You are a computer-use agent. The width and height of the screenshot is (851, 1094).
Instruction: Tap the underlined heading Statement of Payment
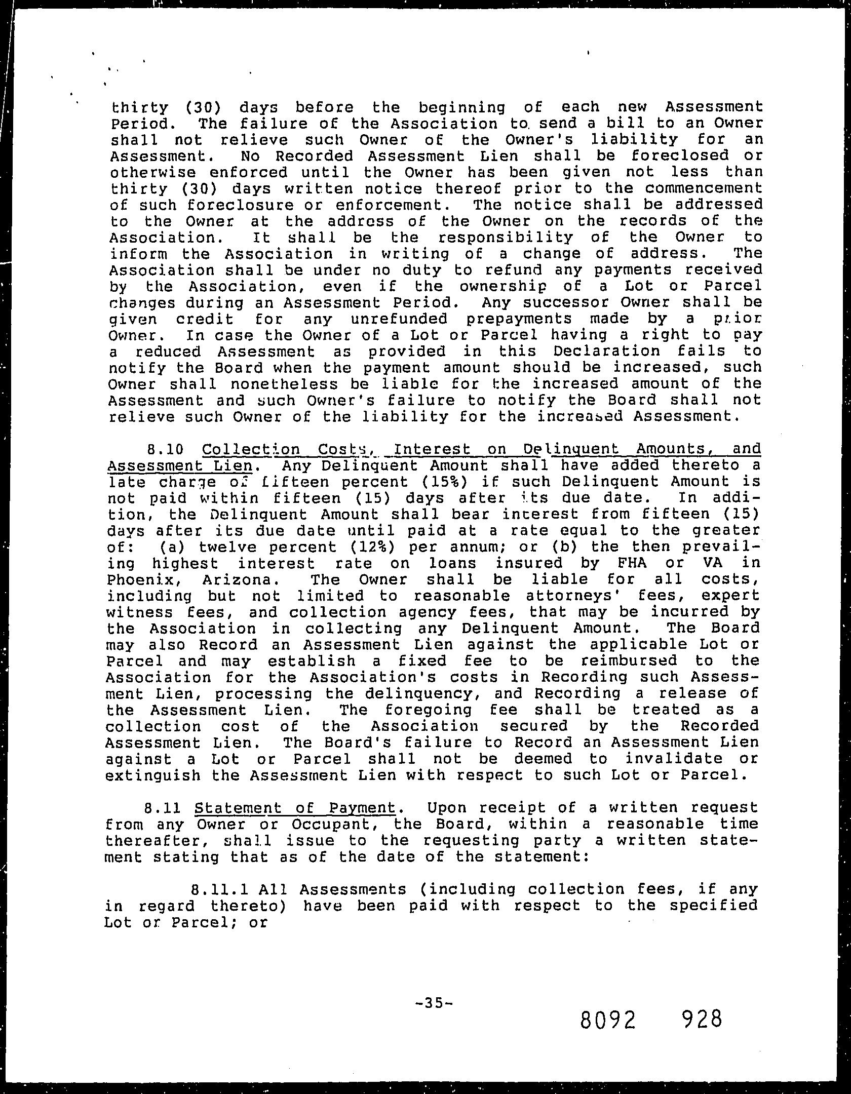click(294, 808)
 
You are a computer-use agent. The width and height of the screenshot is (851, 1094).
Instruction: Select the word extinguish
click(152, 775)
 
